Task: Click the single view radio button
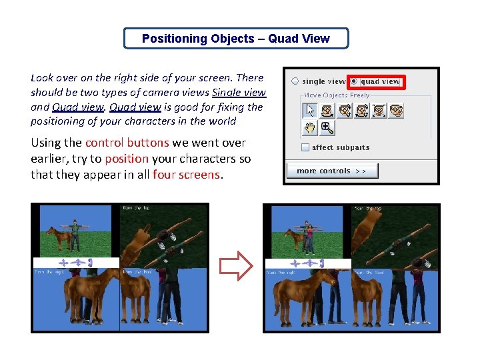(x=295, y=81)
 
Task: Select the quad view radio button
(x=354, y=81)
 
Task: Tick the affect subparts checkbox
(x=305, y=147)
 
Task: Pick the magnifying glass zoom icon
(x=327, y=127)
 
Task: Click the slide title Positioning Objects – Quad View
(x=235, y=39)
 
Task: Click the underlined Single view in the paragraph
(x=239, y=93)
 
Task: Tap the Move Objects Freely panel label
(x=337, y=95)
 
